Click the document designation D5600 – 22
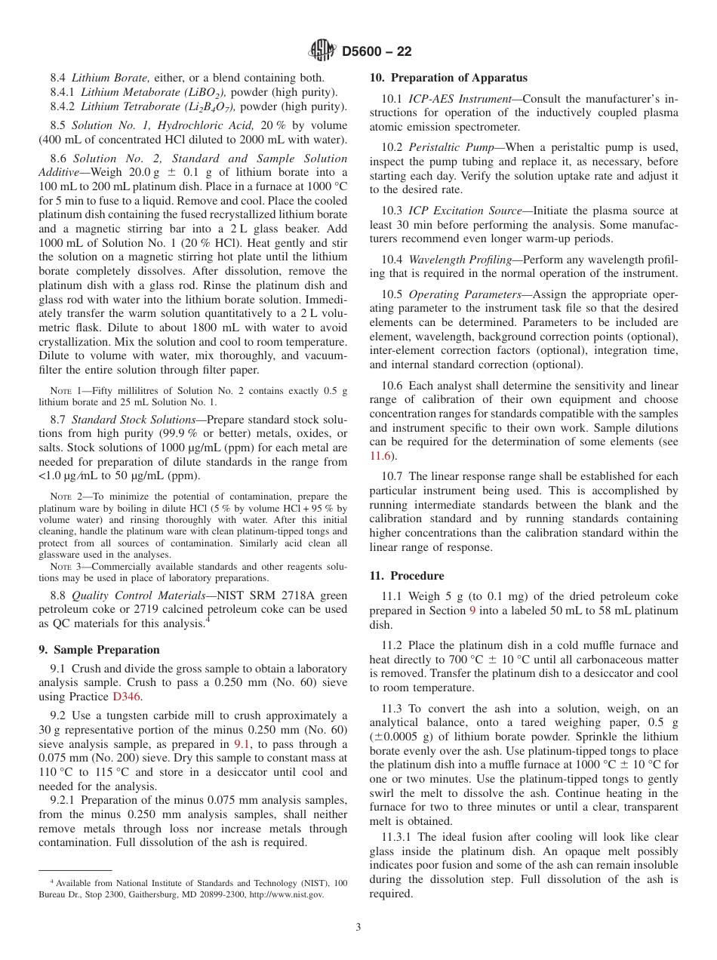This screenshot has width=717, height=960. click(x=377, y=51)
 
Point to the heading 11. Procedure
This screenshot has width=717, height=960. click(x=406, y=575)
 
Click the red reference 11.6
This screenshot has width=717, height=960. click(x=379, y=455)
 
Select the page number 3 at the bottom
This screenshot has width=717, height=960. click(x=358, y=928)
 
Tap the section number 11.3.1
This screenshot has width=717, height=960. click(x=397, y=837)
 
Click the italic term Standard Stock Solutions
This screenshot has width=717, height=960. click(x=134, y=419)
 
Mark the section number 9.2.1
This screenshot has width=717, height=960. click(x=62, y=800)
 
